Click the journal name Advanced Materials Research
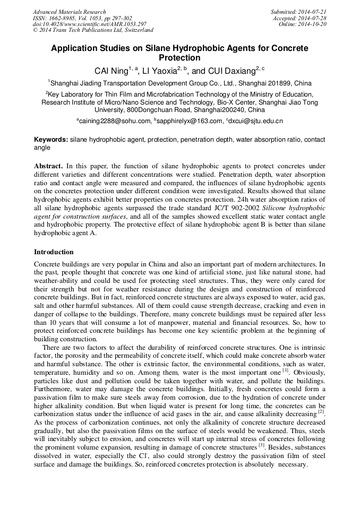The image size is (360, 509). [x=69, y=12]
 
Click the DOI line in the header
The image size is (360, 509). [x=82, y=24]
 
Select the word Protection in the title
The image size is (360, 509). [x=179, y=58]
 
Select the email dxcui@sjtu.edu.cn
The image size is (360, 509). [x=256, y=122]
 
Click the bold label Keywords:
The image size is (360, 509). [x=51, y=140]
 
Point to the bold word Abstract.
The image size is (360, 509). [x=48, y=166]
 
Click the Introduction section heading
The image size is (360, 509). [x=54, y=252]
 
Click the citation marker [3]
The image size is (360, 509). [x=261, y=446]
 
